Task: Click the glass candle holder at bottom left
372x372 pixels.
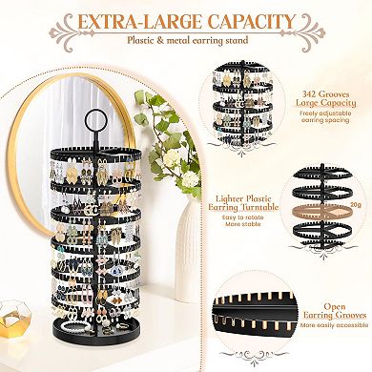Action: point(18,347)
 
